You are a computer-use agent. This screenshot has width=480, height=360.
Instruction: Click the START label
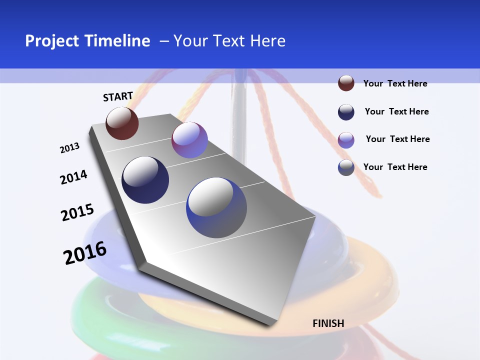(118, 96)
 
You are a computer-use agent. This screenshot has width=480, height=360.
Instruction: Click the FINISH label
(328, 323)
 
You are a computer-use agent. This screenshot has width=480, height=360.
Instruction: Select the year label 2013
(70, 148)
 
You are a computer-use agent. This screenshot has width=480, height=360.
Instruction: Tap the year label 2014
(74, 177)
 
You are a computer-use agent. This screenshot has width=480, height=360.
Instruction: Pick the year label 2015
(77, 212)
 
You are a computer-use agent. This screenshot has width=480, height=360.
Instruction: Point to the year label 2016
(85, 253)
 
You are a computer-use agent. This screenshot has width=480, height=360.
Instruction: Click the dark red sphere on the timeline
(122, 123)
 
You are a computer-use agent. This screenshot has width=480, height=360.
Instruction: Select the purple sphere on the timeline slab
(189, 140)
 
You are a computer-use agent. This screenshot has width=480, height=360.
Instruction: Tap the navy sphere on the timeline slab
(145, 180)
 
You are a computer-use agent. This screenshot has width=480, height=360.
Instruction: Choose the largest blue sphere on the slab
(216, 207)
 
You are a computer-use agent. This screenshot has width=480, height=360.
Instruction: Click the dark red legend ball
(346, 83)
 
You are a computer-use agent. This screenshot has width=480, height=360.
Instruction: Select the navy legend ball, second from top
(346, 112)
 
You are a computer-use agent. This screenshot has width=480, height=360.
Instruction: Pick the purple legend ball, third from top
(346, 140)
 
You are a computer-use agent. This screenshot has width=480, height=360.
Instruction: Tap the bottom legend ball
(346, 167)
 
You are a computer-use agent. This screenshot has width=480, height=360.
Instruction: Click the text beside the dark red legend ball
(395, 83)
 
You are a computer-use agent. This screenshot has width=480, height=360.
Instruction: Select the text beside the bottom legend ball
(395, 167)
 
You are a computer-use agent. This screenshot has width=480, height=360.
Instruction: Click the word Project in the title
(52, 41)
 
